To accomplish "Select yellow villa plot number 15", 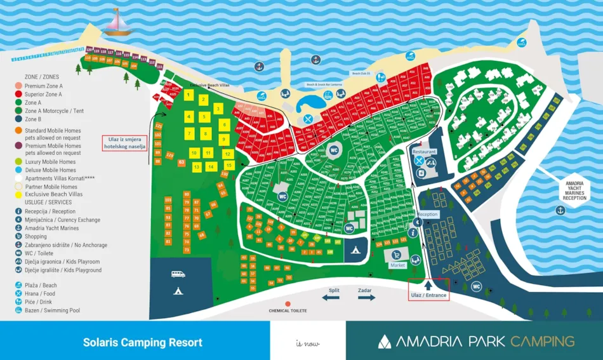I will (229, 165).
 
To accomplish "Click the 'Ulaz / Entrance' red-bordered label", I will (428, 295).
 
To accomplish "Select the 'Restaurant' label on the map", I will (424, 152).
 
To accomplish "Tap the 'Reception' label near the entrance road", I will (427, 215).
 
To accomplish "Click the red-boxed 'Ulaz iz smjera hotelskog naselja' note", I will (125, 143).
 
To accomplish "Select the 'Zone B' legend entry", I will (33, 119).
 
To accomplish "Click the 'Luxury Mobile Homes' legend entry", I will (50, 162).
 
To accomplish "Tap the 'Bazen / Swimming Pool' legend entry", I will (52, 310).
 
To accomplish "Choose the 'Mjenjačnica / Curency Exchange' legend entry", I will (62, 220).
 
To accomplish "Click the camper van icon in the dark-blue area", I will (178, 274).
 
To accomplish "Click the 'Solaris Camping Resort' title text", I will (143, 342).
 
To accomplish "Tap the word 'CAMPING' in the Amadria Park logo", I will (543, 342).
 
